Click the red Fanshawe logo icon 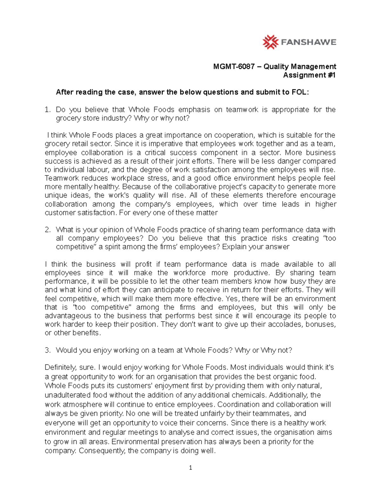click(270, 42)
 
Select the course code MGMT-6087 click(234, 66)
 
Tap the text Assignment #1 click(309, 75)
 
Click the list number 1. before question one click(48, 110)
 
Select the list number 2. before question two click(48, 230)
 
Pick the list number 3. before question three click(48, 350)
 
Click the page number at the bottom click(190, 468)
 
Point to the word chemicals click(249, 395)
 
